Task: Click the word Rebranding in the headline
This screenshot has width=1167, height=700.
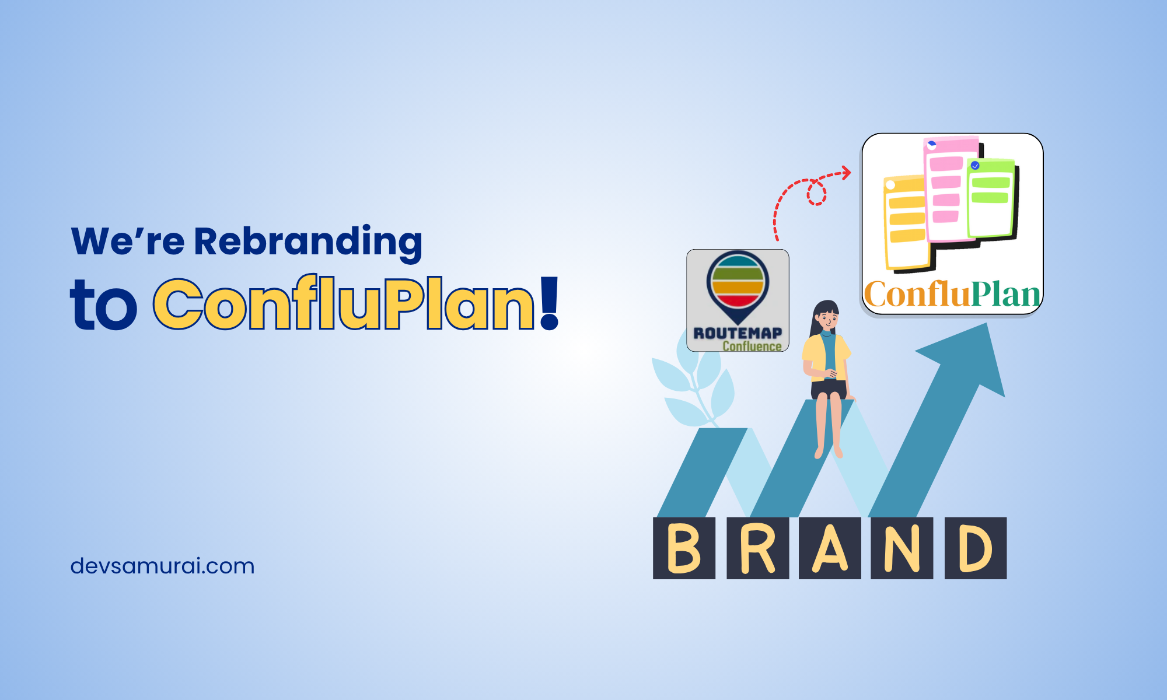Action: coord(308,242)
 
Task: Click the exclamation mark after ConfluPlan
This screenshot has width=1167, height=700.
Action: coord(550,303)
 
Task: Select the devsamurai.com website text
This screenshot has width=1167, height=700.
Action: coord(162,566)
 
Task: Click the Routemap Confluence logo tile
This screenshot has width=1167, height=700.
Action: coord(738,300)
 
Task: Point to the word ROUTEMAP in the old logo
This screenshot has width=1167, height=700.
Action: coord(738,333)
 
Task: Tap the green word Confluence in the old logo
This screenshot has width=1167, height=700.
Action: coord(752,346)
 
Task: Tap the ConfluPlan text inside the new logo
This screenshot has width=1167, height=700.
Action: coord(952,295)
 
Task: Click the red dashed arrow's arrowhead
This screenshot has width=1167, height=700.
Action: coord(846,172)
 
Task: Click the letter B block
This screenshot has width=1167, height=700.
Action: coord(684,548)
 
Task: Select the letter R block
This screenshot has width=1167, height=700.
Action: coord(757,548)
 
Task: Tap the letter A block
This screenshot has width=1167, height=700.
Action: coord(830,548)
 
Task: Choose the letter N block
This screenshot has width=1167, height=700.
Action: coord(902,548)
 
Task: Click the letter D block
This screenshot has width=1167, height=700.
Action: coord(976,548)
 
